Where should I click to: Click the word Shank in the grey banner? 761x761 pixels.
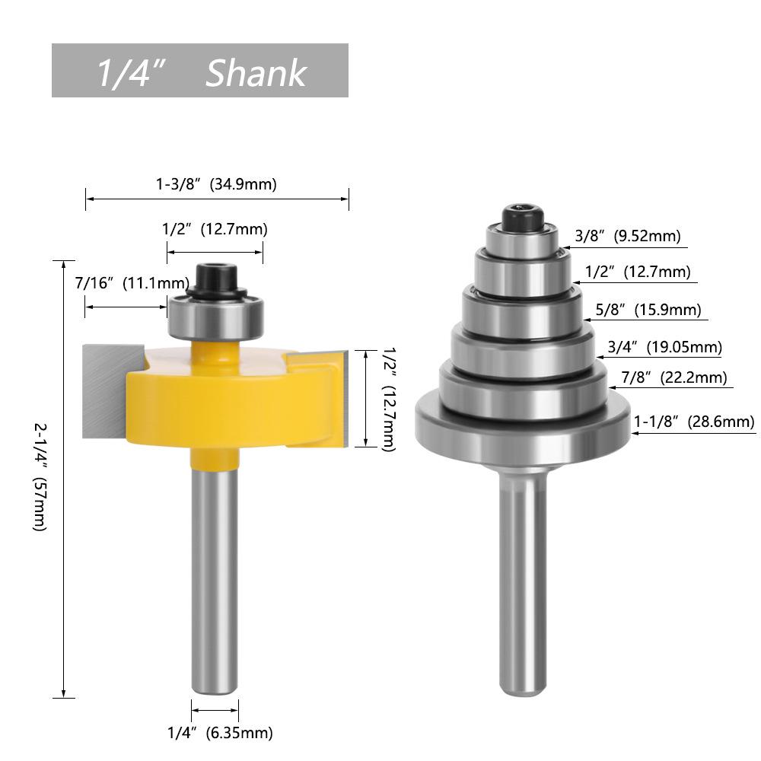256,73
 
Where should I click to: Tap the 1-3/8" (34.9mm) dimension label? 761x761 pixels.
216,184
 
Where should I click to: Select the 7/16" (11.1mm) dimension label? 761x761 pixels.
132,283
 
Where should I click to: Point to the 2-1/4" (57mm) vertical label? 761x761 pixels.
40,477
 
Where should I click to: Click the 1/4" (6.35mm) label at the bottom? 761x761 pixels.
220,732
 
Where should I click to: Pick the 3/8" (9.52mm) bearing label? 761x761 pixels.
628,236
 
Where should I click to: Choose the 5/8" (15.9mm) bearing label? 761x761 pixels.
648,310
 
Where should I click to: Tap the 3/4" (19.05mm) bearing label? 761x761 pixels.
664,347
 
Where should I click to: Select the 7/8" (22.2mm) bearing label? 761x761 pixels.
674,377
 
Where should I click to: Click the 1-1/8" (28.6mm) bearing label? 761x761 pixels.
694,422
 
